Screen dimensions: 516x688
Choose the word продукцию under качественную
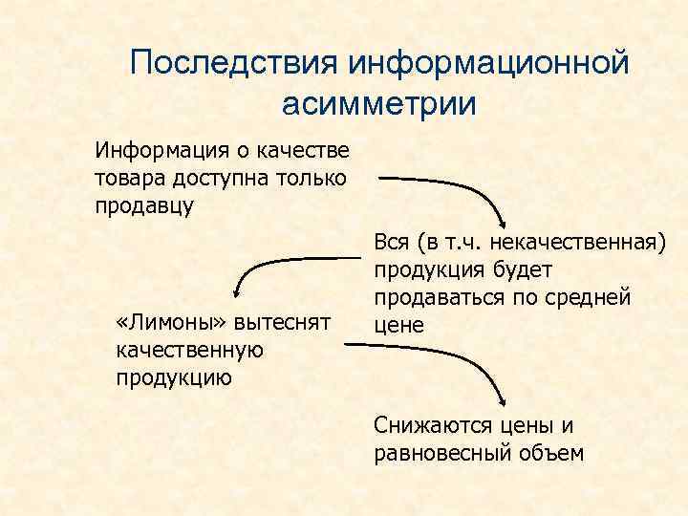[x=172, y=376]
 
